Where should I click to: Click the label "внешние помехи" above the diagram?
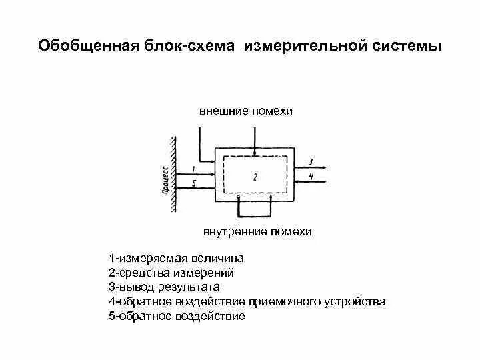click(x=246, y=111)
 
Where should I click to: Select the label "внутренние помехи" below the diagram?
click(x=257, y=232)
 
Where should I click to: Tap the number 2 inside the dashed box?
click(x=255, y=176)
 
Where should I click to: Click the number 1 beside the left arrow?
click(x=193, y=169)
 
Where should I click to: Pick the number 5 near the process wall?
click(x=193, y=183)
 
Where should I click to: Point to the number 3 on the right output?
click(x=311, y=161)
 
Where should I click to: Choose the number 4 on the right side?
click(x=311, y=175)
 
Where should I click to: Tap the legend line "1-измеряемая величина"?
click(x=177, y=258)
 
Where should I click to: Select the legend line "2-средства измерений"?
click(x=171, y=273)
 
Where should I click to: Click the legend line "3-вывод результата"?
click(x=164, y=287)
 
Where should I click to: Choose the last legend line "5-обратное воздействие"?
click(x=177, y=317)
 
